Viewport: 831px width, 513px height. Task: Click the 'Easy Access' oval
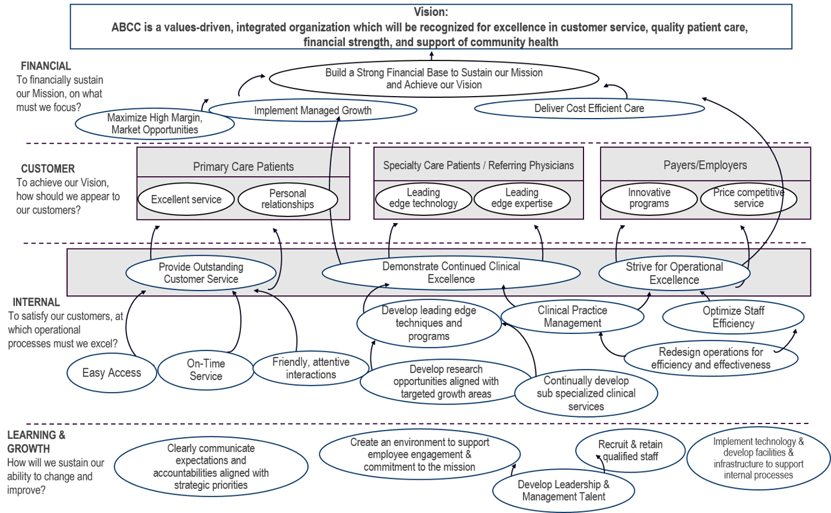point(112,372)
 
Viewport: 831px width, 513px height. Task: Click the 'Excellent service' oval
point(186,199)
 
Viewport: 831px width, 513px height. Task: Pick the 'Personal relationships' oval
point(287,199)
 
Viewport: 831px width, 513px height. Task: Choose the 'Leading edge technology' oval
point(423,198)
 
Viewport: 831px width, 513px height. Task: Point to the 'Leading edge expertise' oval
point(521,198)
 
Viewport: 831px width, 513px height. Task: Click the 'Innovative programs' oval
point(649,198)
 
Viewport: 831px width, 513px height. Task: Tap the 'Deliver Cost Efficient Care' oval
point(589,109)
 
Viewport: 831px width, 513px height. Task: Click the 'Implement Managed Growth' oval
point(312,110)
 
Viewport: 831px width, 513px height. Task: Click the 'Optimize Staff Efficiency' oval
point(733,317)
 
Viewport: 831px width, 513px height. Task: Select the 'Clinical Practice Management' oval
point(573,317)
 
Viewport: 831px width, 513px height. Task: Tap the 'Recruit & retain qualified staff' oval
point(630,450)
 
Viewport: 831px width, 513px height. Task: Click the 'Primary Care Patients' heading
point(243,167)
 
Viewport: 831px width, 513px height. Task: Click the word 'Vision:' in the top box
point(432,11)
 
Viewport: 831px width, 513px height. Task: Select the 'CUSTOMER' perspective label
point(48,168)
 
